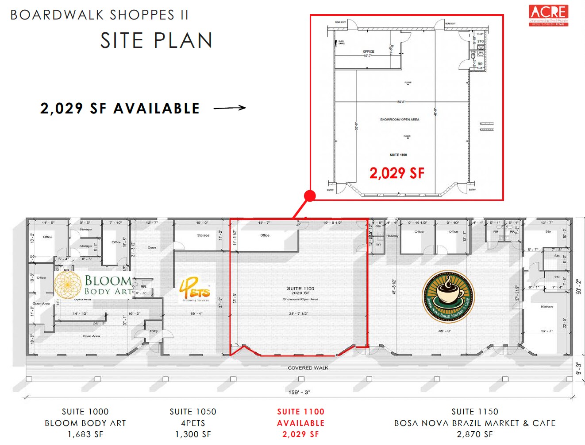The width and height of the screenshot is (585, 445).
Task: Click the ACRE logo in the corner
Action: (x=549, y=15)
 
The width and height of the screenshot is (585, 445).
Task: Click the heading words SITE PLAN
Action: (x=156, y=41)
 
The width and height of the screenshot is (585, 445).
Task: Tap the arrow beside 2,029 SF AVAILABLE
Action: (x=230, y=108)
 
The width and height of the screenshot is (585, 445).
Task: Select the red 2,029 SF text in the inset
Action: (x=397, y=173)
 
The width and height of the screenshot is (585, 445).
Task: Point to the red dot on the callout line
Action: (x=310, y=195)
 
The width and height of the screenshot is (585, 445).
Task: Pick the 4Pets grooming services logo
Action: (x=195, y=289)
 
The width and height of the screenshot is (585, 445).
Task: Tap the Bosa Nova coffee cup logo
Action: (x=448, y=296)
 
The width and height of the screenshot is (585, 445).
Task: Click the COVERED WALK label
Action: (x=308, y=368)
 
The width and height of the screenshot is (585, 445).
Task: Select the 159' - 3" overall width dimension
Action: (x=299, y=392)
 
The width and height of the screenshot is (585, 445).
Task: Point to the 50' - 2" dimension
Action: (x=579, y=286)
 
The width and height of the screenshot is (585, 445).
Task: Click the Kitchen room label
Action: (x=547, y=307)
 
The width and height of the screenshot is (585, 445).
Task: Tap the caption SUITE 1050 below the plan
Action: (x=193, y=412)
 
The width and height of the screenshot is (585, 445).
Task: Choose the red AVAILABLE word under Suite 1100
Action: (x=301, y=423)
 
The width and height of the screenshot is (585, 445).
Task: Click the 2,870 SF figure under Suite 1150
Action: (x=475, y=434)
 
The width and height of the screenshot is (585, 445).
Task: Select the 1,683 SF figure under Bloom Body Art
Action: (x=85, y=434)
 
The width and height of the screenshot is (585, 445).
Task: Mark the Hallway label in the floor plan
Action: (x=392, y=236)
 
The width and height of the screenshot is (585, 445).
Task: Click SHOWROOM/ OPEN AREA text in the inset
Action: (x=399, y=120)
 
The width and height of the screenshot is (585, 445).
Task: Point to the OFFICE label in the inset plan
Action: (x=369, y=52)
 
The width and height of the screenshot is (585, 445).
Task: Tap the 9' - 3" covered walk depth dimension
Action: (x=579, y=368)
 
